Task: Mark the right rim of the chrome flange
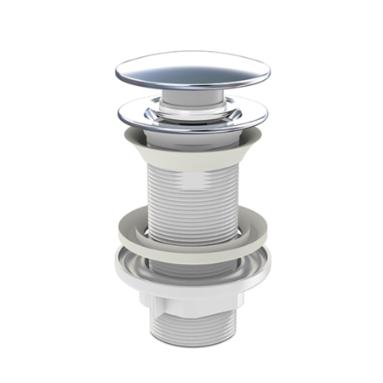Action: pyautogui.click(x=256, y=111)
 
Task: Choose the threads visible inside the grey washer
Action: pyautogui.click(x=192, y=224)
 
